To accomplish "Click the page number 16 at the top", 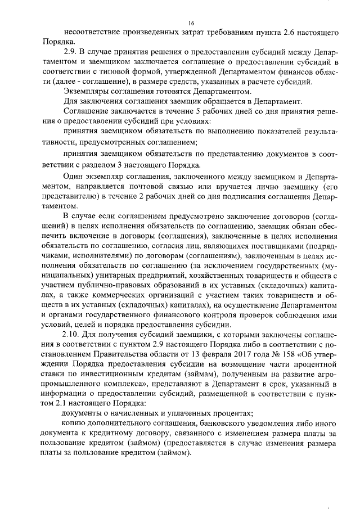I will (191, 22).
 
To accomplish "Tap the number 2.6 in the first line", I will (279, 33).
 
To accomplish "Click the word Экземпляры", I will (85, 91).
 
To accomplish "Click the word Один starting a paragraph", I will (73, 179).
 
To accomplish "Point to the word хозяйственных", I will (195, 277).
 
